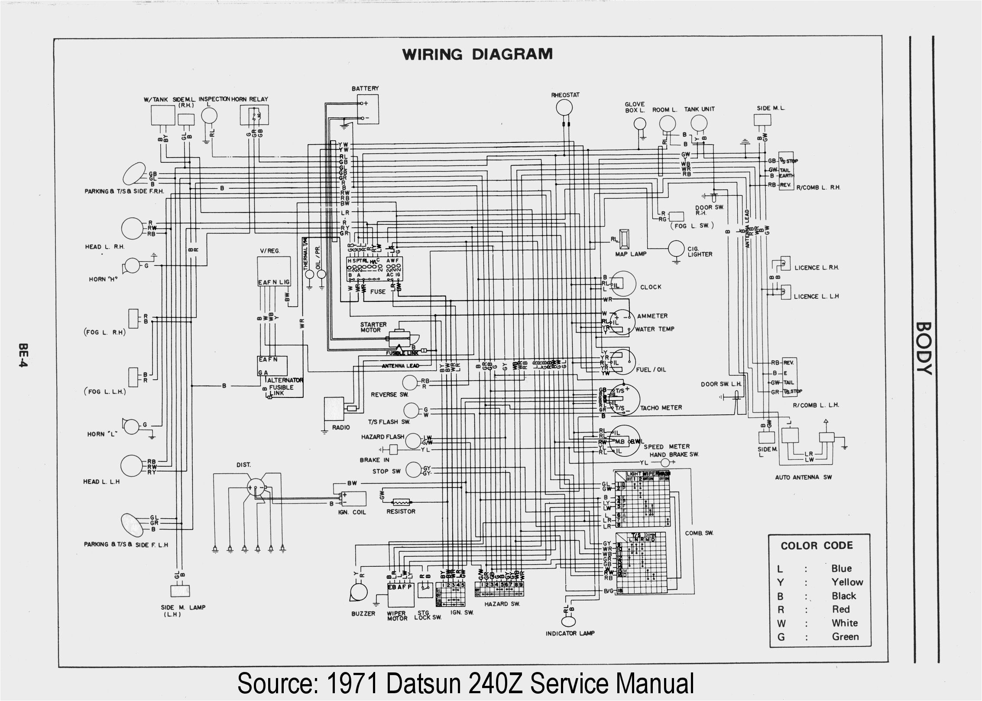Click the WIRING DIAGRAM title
(x=477, y=55)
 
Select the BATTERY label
(x=365, y=88)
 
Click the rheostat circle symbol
(x=564, y=107)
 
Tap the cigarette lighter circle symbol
(x=676, y=249)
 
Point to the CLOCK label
(x=650, y=287)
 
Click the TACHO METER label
(x=661, y=407)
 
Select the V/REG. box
(x=273, y=271)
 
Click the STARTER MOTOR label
(x=373, y=327)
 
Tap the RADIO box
(x=334, y=408)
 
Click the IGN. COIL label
(x=352, y=512)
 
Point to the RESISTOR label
(x=401, y=511)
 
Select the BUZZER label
(x=363, y=614)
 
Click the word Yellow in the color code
(x=847, y=582)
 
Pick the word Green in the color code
(x=845, y=636)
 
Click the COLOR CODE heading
(x=817, y=546)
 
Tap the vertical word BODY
(x=924, y=348)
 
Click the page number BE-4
(x=23, y=355)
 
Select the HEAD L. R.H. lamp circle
(x=132, y=228)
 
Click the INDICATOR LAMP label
(x=570, y=633)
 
